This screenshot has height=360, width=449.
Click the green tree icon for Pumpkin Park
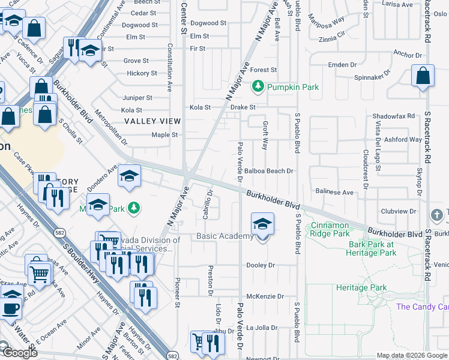[x=258, y=87]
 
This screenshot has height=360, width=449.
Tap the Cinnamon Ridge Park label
[x=330, y=229]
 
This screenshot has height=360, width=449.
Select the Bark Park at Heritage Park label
[x=373, y=248]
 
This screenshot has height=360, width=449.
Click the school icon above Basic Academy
[x=262, y=224]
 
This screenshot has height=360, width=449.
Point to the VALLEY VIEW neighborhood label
[x=152, y=121]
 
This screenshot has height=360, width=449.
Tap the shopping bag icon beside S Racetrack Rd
[x=423, y=77]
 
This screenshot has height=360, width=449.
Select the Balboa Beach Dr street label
[x=268, y=171]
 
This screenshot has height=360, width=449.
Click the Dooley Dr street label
[x=261, y=265]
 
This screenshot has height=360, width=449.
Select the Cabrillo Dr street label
[x=206, y=205]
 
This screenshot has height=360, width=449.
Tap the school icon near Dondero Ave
[x=128, y=176]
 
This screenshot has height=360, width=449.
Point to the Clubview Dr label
[x=399, y=211]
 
